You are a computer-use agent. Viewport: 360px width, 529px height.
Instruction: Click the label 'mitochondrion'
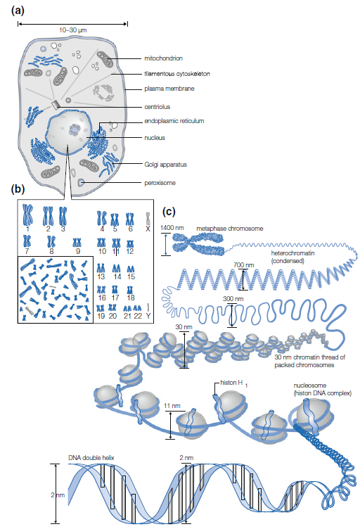point(164,58)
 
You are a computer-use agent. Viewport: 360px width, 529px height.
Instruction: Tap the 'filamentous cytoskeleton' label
point(177,74)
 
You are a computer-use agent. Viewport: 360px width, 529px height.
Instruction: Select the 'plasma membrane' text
point(169,89)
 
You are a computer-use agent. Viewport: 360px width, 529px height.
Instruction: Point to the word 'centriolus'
point(157,107)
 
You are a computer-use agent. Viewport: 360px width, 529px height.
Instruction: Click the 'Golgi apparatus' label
point(165,165)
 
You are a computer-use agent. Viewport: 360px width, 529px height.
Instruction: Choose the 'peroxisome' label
point(160,183)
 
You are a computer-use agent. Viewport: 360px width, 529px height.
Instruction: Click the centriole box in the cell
point(56,105)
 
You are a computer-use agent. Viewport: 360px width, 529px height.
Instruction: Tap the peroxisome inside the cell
point(82,182)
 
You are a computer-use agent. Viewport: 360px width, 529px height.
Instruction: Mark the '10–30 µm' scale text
point(73,30)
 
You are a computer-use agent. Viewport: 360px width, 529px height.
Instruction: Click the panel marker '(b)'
point(18,189)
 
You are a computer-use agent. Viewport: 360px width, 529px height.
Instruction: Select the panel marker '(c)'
point(169,212)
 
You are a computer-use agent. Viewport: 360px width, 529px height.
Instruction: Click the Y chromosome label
point(148,316)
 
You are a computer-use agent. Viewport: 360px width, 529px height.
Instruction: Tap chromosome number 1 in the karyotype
point(27,215)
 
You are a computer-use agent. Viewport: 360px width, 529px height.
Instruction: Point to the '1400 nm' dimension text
point(172,228)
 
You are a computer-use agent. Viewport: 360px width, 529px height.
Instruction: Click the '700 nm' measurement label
point(244,264)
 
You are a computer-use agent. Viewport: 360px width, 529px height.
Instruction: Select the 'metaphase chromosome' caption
point(230,229)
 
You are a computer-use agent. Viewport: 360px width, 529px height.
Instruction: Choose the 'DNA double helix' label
point(91,458)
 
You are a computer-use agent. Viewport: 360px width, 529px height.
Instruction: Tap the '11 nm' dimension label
point(172,406)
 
